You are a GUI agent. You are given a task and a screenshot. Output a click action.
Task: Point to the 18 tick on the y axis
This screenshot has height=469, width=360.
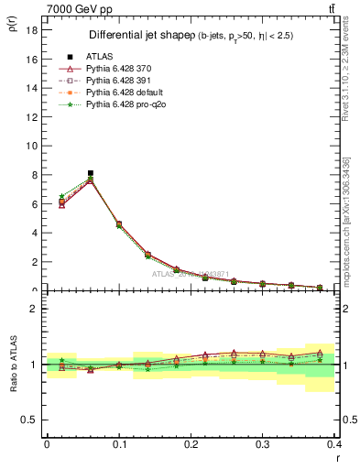coord(30,30)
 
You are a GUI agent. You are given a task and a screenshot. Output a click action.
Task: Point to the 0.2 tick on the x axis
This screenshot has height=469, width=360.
coord(191,443)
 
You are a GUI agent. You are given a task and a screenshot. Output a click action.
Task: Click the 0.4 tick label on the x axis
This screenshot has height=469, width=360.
coord(334,443)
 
